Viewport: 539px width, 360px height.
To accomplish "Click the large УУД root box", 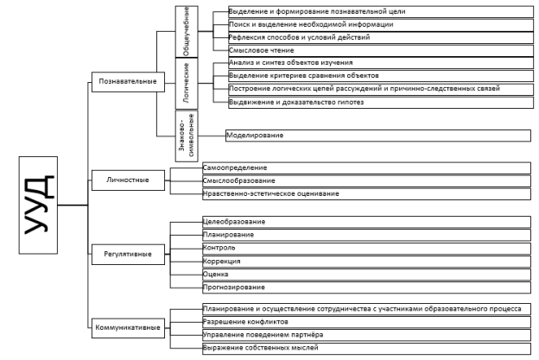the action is point(38,205).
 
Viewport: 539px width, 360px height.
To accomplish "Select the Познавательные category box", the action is point(128,82).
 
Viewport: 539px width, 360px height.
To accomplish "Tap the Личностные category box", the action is point(128,180).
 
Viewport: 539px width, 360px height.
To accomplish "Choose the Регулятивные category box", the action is point(128,254).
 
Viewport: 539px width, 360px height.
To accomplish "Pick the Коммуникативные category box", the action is point(128,328).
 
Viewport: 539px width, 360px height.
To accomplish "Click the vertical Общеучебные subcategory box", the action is point(187,31).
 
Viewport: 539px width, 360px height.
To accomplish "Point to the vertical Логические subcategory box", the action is point(187,84).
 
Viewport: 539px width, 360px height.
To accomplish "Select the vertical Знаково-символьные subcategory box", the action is point(187,136).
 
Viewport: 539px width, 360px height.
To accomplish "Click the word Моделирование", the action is point(255,136).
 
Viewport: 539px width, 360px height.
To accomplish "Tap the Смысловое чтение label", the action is point(262,50).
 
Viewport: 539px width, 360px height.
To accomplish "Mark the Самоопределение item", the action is point(235,168).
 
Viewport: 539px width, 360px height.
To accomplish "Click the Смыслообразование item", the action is point(239,180).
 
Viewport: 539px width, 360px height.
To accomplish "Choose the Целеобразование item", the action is point(234,222).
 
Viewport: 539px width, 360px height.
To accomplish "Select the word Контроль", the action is point(219,248).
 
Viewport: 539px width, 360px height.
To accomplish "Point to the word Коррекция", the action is point(221,261).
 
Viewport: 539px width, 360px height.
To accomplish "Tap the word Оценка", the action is point(216,275).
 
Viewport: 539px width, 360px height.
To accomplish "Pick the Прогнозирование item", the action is point(234,287).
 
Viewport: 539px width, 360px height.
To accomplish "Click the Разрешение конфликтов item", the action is point(245,322).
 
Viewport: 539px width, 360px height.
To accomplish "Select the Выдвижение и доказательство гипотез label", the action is point(296,102).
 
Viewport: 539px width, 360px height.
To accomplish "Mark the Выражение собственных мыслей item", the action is point(261,348).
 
